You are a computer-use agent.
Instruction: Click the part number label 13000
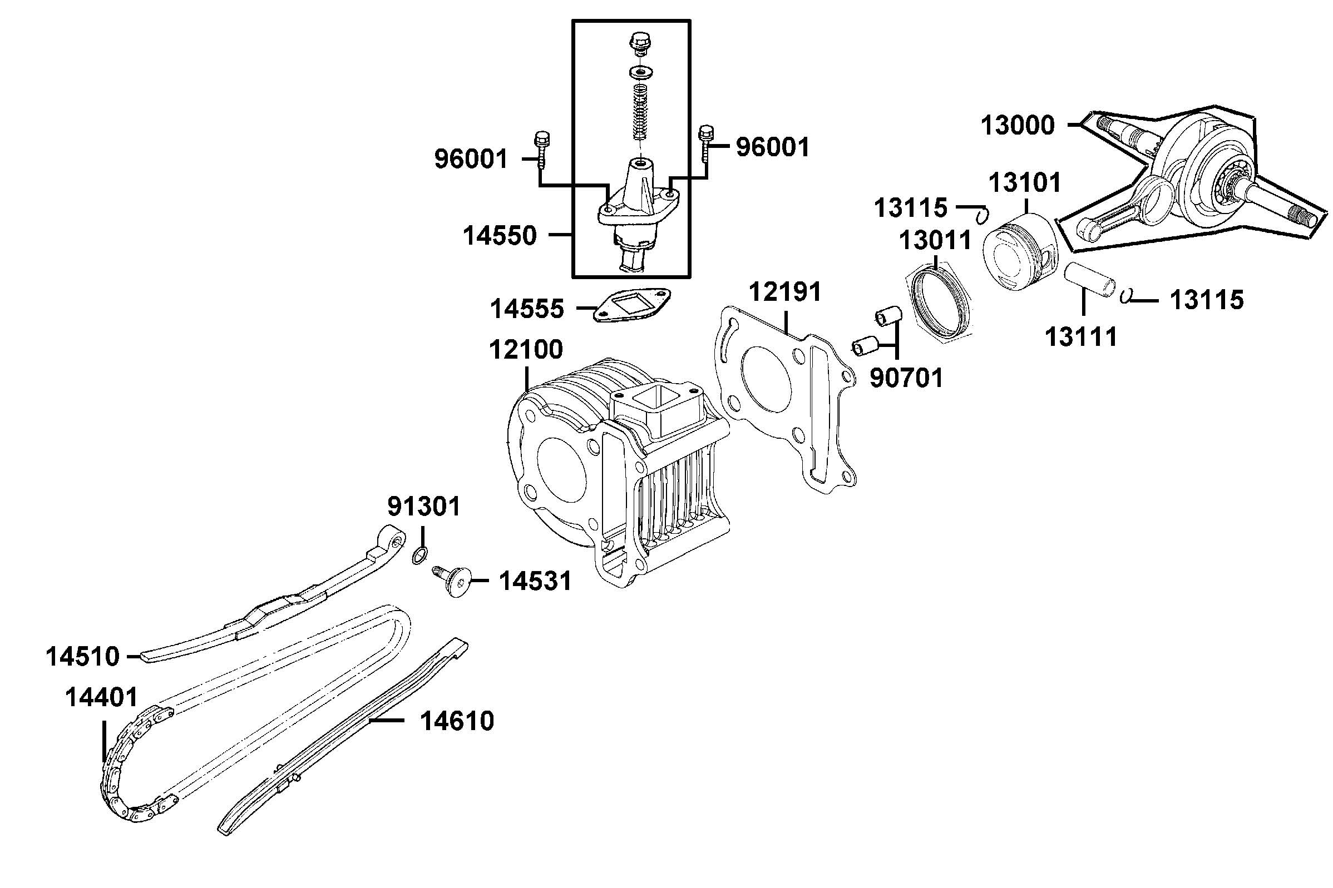(x=1017, y=125)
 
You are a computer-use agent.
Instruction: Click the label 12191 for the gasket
(x=785, y=293)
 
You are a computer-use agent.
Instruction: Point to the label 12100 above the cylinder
(x=526, y=350)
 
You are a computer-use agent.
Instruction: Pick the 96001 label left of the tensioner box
(x=471, y=160)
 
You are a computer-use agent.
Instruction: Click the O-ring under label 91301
(x=419, y=555)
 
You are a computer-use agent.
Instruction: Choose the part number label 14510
(x=83, y=657)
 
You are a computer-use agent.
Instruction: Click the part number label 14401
(x=102, y=697)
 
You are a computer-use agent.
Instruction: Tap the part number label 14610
(x=457, y=722)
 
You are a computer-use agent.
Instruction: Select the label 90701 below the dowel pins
(x=906, y=378)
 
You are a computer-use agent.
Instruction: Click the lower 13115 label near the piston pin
(x=1207, y=300)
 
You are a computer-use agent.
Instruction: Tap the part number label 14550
(x=500, y=236)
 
